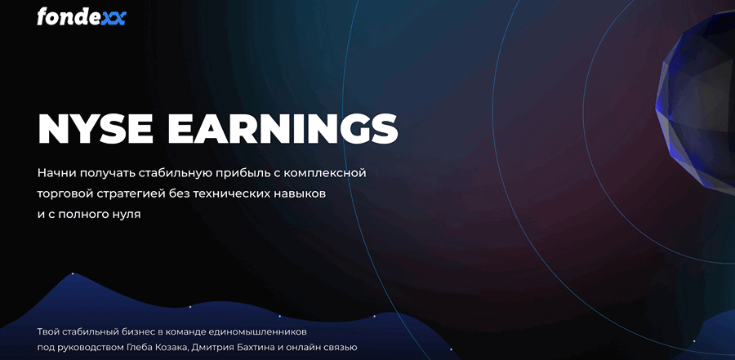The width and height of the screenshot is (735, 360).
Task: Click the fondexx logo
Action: click(x=82, y=17)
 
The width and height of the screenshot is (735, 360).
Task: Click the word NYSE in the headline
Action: click(x=96, y=128)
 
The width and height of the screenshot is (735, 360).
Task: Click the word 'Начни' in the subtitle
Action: click(x=56, y=173)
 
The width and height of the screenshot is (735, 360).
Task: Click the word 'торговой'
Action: click(x=65, y=194)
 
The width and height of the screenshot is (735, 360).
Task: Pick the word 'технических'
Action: click(x=233, y=194)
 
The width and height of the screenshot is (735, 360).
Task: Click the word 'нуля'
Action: click(x=126, y=216)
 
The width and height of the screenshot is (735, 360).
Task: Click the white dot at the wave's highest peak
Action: click(x=73, y=273)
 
